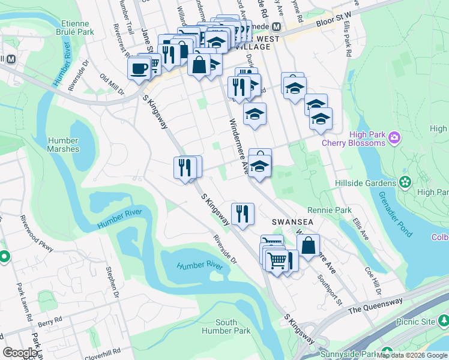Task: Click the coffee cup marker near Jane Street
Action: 140,68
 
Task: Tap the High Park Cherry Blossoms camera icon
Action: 394,137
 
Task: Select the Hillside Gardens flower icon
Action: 405,182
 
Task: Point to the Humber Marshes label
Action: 63,145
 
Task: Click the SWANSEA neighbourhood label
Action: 293,221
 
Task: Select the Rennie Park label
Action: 329,211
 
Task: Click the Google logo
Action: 20,353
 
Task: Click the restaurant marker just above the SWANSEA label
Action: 243,214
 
